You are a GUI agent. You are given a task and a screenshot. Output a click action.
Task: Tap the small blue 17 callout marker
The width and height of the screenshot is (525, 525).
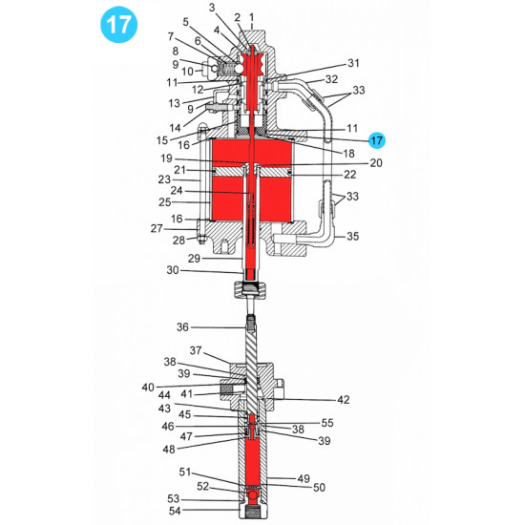[378, 139]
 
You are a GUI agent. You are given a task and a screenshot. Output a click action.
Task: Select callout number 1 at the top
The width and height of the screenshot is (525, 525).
[251, 17]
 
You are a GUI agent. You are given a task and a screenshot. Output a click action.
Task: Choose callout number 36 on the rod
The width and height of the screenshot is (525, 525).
[184, 327]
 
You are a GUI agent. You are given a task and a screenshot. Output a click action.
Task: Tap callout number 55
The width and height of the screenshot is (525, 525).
[327, 422]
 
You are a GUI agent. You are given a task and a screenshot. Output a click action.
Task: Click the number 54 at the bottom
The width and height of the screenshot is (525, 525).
[174, 513]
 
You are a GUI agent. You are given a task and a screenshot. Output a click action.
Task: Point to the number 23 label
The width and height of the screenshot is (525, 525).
[164, 178]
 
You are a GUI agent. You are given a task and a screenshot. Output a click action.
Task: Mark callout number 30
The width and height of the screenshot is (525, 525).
[173, 270]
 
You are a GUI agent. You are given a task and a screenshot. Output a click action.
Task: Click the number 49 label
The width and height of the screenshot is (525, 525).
[304, 479]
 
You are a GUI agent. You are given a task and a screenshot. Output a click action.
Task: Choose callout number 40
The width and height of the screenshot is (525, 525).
[148, 387]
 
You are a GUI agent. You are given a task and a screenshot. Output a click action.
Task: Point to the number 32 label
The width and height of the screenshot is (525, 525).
[331, 79]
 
